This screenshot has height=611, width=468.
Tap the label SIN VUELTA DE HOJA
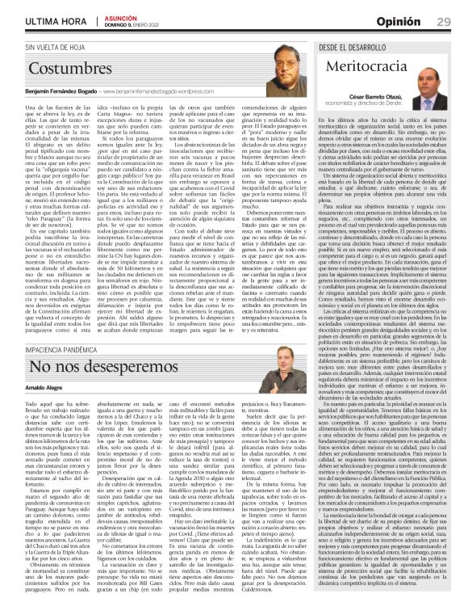[x=48, y=48]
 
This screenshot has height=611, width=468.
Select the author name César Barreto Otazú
[x=380, y=98]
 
